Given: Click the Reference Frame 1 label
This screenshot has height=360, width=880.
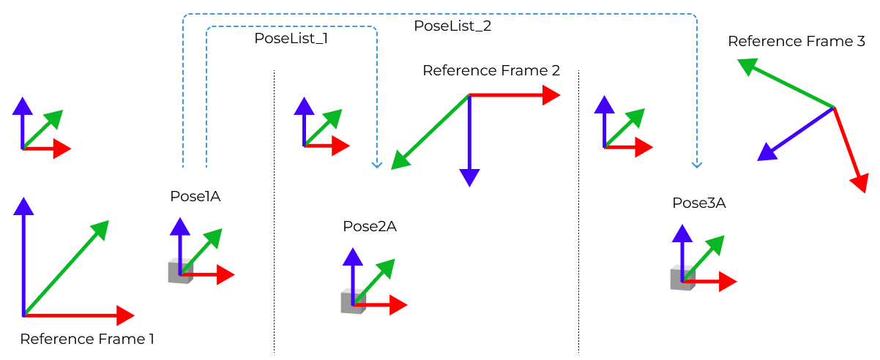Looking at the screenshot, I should [x=87, y=340].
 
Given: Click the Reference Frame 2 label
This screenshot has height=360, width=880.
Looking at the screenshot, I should [x=491, y=71].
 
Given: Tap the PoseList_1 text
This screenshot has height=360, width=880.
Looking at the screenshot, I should [x=291, y=39].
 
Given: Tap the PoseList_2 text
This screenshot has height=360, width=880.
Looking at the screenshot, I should [x=452, y=26].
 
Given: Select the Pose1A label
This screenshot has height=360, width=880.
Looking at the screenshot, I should [x=195, y=196].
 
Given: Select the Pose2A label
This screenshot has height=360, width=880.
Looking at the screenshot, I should [x=370, y=226].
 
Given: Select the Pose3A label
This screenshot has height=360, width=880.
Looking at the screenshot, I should [x=699, y=203].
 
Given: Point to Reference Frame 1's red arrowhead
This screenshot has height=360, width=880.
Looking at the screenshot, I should [x=124, y=315].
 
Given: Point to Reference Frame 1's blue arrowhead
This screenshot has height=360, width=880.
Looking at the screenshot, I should [x=24, y=206].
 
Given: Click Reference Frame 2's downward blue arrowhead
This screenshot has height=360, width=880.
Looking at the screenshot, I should [x=469, y=177].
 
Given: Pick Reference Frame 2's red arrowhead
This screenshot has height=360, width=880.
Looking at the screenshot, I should [x=551, y=94].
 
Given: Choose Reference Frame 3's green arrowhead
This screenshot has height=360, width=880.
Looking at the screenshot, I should [x=747, y=67].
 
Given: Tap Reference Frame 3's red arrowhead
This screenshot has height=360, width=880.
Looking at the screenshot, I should [x=860, y=182].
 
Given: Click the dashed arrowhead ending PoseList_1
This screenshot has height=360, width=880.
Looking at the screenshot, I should [x=377, y=165].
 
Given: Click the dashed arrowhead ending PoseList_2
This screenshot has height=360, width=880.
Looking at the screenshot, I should [x=696, y=165].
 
